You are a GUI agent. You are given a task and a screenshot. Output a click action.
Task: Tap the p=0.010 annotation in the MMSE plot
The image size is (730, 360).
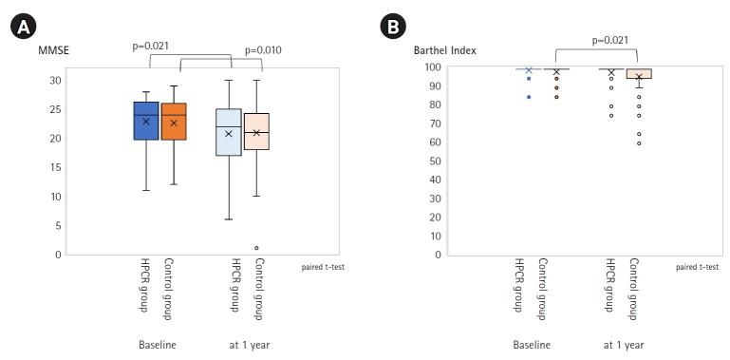point(263,50)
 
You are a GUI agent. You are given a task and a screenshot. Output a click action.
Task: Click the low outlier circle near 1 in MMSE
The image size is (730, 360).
point(256,248)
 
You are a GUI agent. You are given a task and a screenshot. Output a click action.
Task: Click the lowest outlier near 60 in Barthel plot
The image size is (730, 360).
point(639,143)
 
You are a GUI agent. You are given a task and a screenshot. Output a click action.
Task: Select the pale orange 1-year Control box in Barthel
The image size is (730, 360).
point(639,73)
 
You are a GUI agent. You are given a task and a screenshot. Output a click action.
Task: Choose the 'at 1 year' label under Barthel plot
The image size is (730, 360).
point(624,344)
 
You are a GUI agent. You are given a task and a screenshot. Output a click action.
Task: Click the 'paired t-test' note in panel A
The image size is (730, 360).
point(323,267)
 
